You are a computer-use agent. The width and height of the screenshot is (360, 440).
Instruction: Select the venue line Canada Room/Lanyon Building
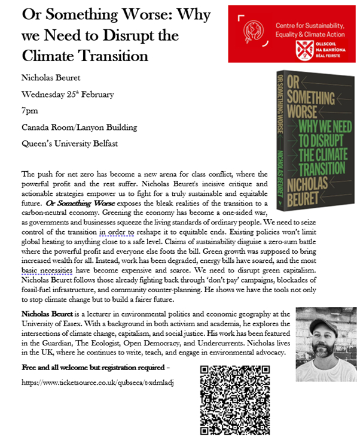[x=80, y=127]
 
